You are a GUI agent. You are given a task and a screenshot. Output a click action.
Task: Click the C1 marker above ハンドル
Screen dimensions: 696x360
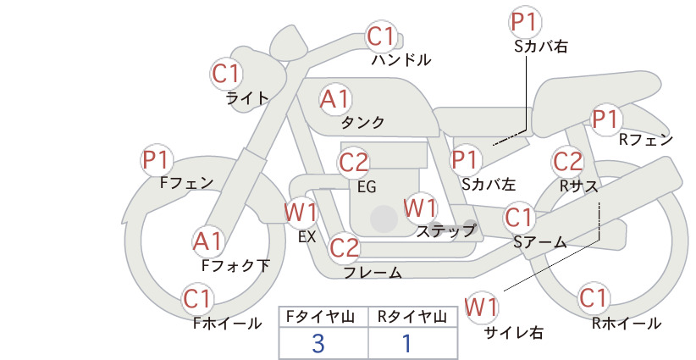pyautogui.click(x=381, y=36)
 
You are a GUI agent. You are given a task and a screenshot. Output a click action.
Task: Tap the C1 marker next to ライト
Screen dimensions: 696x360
pyautogui.click(x=226, y=74)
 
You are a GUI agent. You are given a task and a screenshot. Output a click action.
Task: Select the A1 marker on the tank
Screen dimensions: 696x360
pyautogui.click(x=335, y=99)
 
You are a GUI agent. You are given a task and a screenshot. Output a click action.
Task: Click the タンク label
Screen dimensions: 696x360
pyautogui.click(x=362, y=123)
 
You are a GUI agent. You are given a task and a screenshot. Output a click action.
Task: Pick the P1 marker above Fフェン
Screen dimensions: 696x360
pyautogui.click(x=157, y=160)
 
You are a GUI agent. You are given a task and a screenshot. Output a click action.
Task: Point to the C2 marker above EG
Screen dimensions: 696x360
pyautogui.click(x=354, y=163)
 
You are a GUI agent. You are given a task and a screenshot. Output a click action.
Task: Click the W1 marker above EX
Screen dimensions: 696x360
pyautogui.click(x=301, y=212)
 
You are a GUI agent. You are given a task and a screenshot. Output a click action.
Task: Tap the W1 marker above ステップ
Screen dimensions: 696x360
pyautogui.click(x=420, y=208)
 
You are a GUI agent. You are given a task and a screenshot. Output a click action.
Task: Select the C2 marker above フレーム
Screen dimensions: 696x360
pyautogui.click(x=345, y=247)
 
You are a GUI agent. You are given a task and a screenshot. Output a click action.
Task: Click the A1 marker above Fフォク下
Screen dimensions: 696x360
pyautogui.click(x=207, y=242)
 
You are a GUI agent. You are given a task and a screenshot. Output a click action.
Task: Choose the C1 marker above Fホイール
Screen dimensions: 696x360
pyautogui.click(x=197, y=299)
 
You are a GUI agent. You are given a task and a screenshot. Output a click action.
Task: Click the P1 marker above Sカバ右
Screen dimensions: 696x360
pyautogui.click(x=525, y=22)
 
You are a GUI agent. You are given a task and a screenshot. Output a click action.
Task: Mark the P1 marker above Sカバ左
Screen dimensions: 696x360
pyautogui.click(x=466, y=160)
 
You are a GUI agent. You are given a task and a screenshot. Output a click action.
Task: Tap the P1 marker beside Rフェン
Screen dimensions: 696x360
pyautogui.click(x=606, y=119)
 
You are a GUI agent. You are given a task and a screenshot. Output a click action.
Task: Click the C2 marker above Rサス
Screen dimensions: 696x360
pyautogui.click(x=567, y=162)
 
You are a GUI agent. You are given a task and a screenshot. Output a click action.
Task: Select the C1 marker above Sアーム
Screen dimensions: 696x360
pyautogui.click(x=518, y=218)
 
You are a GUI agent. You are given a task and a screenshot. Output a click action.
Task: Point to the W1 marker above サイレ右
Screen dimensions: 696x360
pyautogui.click(x=481, y=307)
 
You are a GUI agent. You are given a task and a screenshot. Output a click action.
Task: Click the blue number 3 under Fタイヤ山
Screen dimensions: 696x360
pyautogui.click(x=318, y=344)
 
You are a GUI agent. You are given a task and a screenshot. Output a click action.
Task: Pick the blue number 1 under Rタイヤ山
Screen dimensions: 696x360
pyautogui.click(x=406, y=344)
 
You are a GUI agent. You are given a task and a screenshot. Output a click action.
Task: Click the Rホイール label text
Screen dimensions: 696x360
pyautogui.click(x=627, y=324)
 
